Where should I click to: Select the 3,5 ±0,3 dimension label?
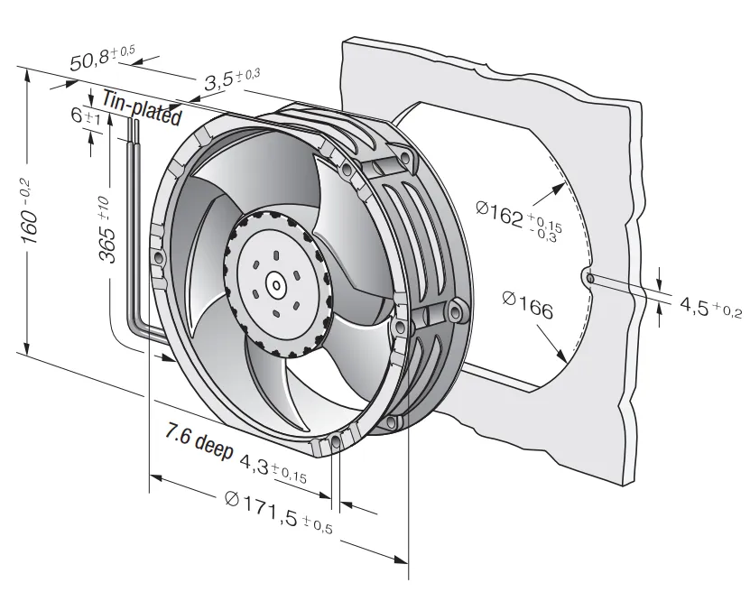point(232,79)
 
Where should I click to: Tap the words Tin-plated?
point(142,108)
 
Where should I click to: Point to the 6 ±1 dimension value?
point(86,116)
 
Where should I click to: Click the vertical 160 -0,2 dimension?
point(30,212)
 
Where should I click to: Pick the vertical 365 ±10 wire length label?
point(106,229)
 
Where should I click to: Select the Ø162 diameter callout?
point(520,220)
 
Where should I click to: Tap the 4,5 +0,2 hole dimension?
point(711,306)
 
